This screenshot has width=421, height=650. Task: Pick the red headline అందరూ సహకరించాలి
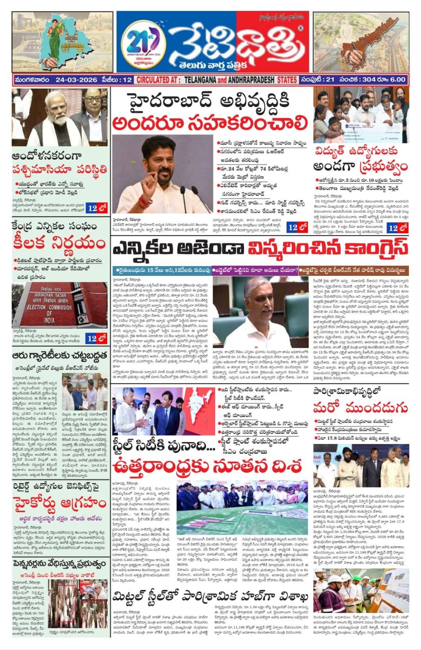point(209,122)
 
